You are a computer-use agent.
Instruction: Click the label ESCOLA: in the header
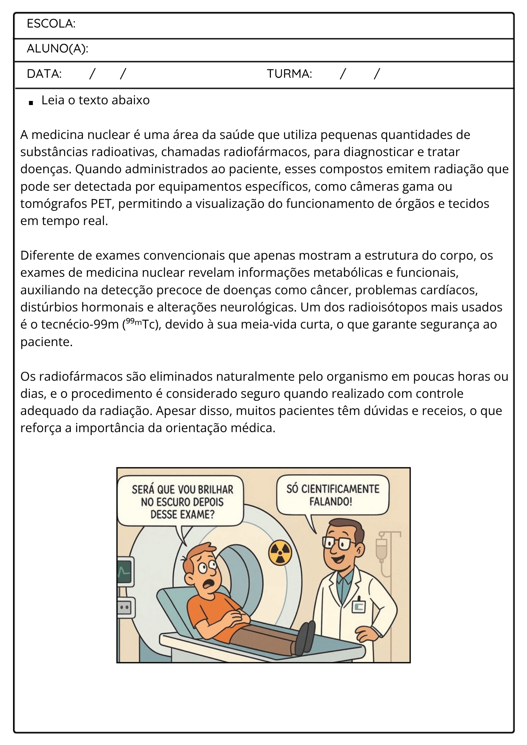pos(51,24)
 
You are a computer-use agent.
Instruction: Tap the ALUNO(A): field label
pos(57,49)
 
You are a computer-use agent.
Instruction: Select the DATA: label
pos(44,74)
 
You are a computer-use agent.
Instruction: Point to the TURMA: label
pos(289,74)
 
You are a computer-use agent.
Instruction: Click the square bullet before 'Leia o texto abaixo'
pos(31,102)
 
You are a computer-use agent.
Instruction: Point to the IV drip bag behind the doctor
pos(381,548)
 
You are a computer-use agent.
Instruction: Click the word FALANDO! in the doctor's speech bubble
pos(331,501)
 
